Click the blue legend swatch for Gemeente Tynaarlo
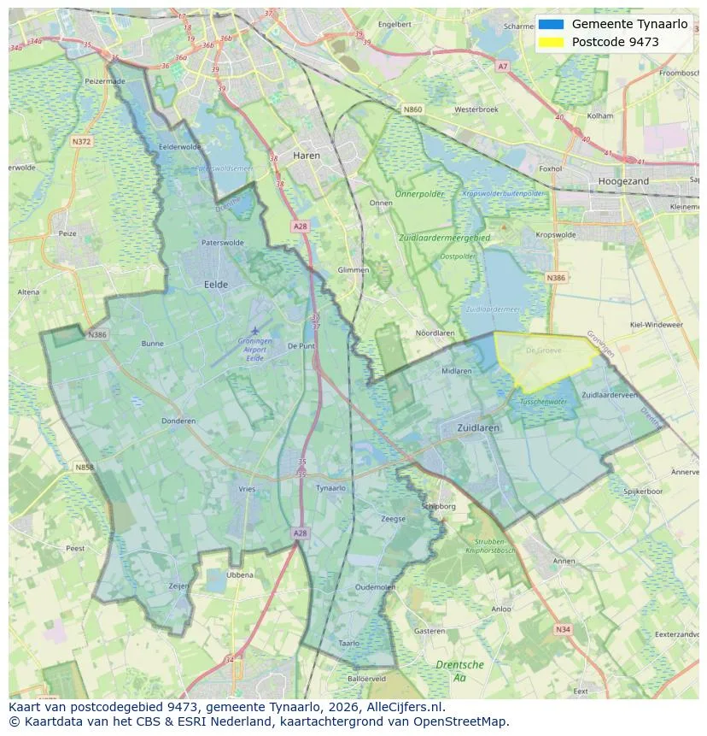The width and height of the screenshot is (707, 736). click(x=552, y=24)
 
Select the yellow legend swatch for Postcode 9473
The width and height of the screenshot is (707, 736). click(x=552, y=42)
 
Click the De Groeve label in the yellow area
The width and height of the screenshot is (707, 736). click(x=541, y=350)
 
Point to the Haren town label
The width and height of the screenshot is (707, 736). click(x=306, y=156)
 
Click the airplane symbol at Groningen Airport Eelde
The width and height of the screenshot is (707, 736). click(x=254, y=330)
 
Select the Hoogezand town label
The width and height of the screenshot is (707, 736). click(x=623, y=181)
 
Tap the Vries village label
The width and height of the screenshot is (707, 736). click(x=247, y=489)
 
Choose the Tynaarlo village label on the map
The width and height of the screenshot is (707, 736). click(x=330, y=488)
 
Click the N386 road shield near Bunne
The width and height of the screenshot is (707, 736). click(x=97, y=335)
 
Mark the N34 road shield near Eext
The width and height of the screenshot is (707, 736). click(x=562, y=629)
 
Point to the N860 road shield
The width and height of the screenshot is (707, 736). click(x=412, y=109)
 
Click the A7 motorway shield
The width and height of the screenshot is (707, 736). click(x=502, y=66)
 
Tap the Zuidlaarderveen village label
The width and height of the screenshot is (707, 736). click(x=610, y=395)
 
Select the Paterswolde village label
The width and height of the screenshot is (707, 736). click(x=222, y=243)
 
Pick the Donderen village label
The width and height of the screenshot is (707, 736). click(x=178, y=421)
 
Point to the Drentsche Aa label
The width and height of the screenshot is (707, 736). click(x=459, y=670)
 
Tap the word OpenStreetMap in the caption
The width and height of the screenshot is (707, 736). click(x=465, y=721)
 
